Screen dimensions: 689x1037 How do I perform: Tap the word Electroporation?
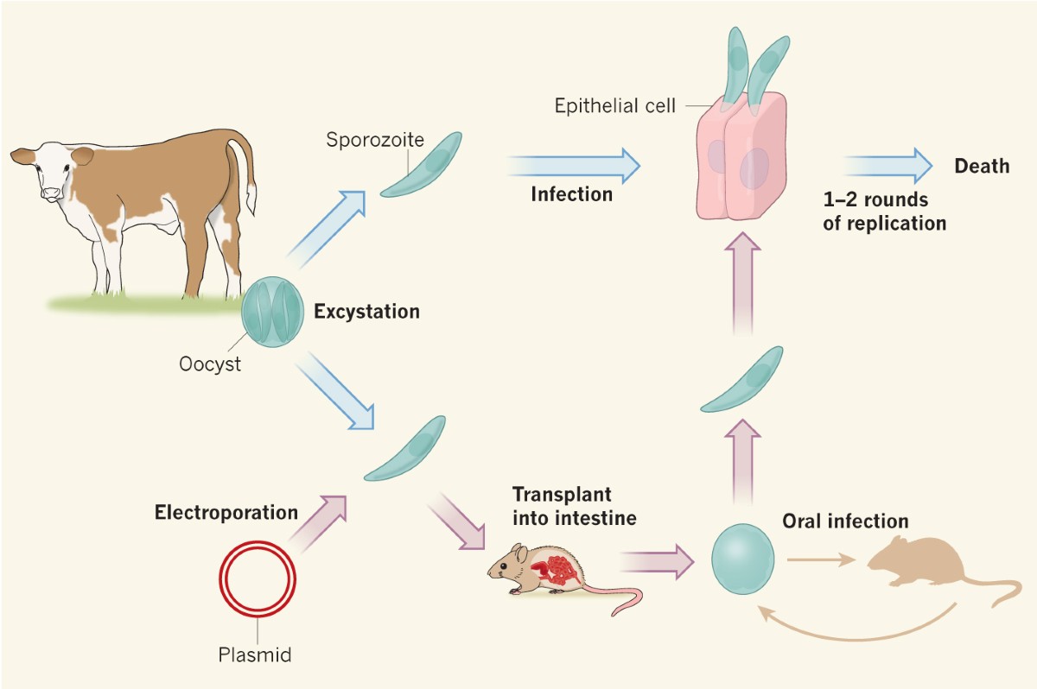click(226, 513)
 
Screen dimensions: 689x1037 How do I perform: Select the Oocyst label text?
click(209, 364)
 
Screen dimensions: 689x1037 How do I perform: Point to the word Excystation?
click(366, 312)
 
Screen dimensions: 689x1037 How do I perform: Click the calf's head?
click(54, 173)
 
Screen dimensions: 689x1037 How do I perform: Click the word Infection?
click(571, 193)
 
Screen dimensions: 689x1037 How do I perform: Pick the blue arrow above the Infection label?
click(574, 163)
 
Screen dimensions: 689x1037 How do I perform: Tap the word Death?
click(981, 166)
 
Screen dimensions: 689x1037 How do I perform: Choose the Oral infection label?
click(845, 521)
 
